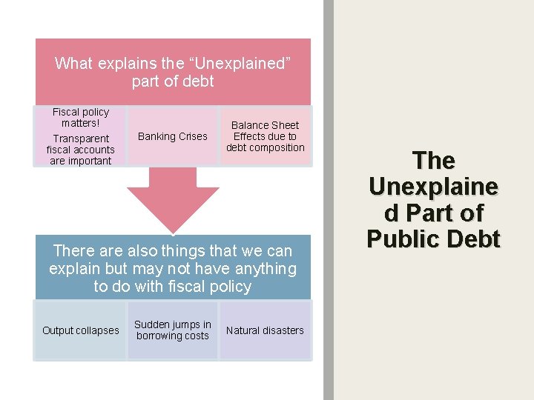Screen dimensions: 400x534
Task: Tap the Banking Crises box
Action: [x=173, y=136]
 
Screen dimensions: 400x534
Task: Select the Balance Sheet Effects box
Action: [x=265, y=136]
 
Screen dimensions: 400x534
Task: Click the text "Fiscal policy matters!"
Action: [x=81, y=117]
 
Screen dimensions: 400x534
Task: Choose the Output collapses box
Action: [x=80, y=330]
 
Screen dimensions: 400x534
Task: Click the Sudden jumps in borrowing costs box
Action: [x=173, y=330]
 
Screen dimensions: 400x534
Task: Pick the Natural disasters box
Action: [x=265, y=330]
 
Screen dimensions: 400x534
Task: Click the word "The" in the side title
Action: [x=434, y=160]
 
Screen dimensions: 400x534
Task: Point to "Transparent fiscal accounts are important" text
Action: [x=81, y=150]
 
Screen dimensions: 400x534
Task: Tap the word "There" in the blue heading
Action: [x=74, y=251]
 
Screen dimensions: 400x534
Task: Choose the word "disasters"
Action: [x=283, y=330]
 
